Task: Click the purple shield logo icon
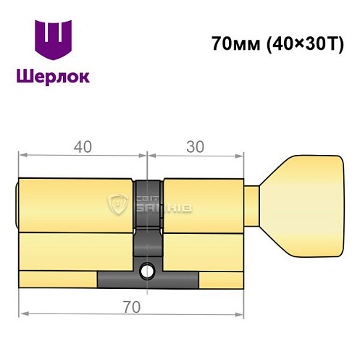point(54,42)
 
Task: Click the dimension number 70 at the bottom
point(132,307)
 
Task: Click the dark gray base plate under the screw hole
point(148,279)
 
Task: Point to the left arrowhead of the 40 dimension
point(21,154)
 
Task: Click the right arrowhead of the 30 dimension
point(241,154)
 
